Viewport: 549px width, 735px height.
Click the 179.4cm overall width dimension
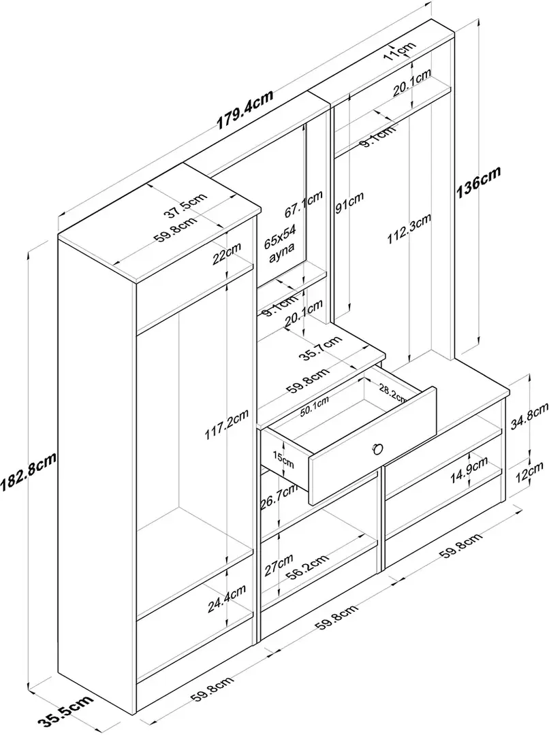click(x=245, y=110)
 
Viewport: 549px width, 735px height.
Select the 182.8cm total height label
click(x=28, y=472)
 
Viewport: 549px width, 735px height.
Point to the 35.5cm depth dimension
click(x=63, y=711)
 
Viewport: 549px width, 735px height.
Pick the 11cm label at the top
click(x=398, y=50)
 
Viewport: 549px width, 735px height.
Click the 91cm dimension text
click(x=349, y=202)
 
